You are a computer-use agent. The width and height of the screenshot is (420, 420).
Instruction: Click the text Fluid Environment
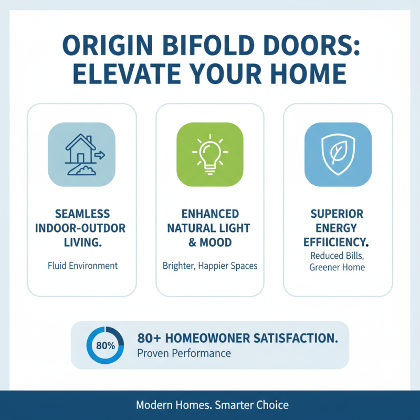click(x=82, y=266)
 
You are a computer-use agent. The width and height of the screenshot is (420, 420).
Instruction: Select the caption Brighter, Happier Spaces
click(x=210, y=266)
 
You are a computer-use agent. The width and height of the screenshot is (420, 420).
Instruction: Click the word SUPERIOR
click(x=339, y=214)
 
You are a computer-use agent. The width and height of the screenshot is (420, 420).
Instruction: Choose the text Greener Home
click(x=338, y=267)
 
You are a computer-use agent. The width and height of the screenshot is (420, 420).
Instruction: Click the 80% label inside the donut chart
click(x=105, y=346)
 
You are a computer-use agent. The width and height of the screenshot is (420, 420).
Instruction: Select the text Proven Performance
click(x=184, y=353)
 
